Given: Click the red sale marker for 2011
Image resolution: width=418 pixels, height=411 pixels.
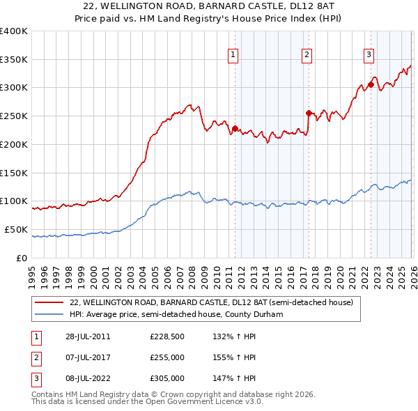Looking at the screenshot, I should (235, 128).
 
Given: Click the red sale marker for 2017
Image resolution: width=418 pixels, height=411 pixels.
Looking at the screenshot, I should (309, 112).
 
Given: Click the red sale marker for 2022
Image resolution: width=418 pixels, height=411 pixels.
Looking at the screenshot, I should (371, 85).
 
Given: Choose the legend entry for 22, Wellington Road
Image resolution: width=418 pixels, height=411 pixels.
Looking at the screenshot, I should (212, 302).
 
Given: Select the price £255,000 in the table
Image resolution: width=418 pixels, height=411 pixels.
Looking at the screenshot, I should (167, 357).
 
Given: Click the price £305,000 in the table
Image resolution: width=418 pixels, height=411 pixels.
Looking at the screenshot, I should (167, 378).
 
